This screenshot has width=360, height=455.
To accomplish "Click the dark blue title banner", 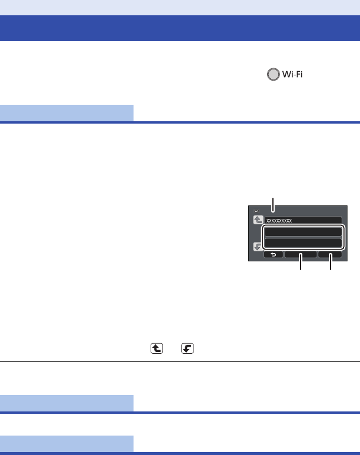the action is [x=180, y=28].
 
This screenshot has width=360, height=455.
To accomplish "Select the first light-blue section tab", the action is [x=66, y=112].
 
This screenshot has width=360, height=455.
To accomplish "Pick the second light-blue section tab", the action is [x=66, y=403].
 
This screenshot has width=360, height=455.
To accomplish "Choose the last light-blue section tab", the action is [x=66, y=444].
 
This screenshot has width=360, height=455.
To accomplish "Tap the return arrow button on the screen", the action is [x=273, y=255].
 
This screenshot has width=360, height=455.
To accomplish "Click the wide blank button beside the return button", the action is [x=301, y=255].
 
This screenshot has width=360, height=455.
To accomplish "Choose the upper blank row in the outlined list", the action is [x=302, y=231].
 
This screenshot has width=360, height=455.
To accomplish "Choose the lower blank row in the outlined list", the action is [x=302, y=243].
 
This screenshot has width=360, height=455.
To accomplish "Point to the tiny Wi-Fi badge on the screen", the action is [x=256, y=210].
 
